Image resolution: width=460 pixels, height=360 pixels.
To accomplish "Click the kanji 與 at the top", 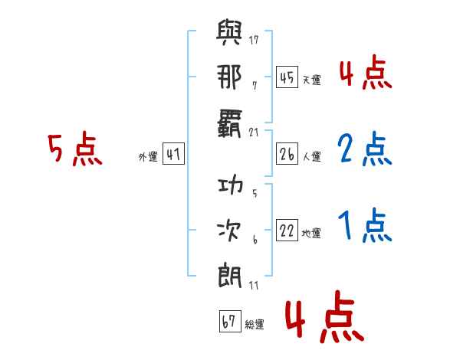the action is [229, 32].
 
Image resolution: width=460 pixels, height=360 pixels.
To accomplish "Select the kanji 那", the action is [229, 77].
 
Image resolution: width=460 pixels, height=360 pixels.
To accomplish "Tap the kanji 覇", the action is [230, 123].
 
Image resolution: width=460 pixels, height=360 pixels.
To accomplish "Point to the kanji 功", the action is [230, 185].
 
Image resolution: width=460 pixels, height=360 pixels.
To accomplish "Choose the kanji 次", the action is [228, 231].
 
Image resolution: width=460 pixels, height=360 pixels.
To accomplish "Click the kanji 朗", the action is [230, 275].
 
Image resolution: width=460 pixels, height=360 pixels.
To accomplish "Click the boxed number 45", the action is [287, 77].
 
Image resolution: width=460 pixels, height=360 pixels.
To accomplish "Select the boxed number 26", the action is [287, 154].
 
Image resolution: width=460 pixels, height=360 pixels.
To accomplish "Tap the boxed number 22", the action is [287, 230].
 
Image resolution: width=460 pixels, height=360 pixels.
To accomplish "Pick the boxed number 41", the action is [173, 154].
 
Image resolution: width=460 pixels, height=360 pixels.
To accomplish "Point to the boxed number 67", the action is [230, 321].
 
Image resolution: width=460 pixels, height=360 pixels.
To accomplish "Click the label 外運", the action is [148, 156].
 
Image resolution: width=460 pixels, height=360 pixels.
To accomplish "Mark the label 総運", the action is [255, 324].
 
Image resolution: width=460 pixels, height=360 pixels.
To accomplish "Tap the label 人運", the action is [311, 156].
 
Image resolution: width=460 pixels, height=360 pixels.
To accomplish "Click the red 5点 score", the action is [75, 149].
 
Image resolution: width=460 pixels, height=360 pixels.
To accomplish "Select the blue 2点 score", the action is [365, 149].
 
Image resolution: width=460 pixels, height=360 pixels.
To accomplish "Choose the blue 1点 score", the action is [365, 225].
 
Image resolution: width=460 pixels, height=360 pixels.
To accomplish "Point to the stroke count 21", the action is [254, 133].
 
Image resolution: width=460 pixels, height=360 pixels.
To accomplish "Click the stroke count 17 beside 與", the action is [254, 40].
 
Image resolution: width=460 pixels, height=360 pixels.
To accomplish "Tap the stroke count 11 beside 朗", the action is [254, 286].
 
